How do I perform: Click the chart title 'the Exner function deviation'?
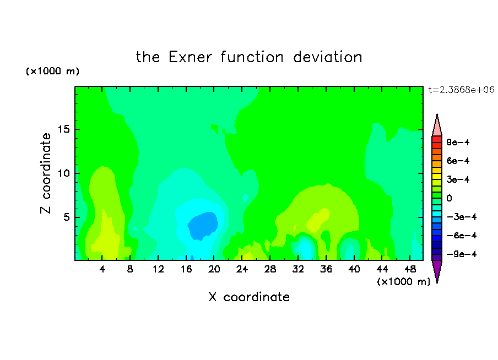tap(249, 57)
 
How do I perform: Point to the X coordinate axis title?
tap(249, 297)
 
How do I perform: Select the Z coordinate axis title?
tap(45, 173)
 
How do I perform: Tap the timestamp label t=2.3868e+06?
tap(461, 90)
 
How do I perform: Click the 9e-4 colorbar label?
tap(458, 142)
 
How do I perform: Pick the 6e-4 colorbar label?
tap(458, 161)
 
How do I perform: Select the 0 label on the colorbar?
tap(449, 198)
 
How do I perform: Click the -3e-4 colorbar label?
tap(462, 217)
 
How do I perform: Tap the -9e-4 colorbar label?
tap(462, 254)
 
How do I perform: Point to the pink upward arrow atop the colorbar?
tap(437, 125)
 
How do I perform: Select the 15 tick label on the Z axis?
tap(64, 129)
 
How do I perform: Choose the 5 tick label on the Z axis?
tap(67, 217)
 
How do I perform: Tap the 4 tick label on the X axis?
tap(102, 269)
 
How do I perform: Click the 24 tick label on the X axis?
tap(242, 269)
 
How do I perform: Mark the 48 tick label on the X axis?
tap(410, 269)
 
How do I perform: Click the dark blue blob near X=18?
tap(203, 226)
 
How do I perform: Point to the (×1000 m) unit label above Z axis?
tap(52, 71)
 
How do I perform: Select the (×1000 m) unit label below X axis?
tap(404, 282)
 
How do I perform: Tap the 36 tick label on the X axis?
tap(326, 269)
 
